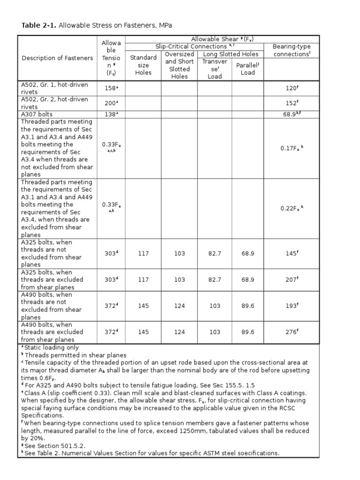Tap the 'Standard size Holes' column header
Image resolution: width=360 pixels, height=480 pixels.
(x=143, y=65)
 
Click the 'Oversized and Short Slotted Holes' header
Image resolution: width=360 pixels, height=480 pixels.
(x=179, y=65)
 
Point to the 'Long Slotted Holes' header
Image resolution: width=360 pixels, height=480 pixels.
(x=231, y=54)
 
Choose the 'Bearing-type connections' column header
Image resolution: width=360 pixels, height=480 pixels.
(x=292, y=51)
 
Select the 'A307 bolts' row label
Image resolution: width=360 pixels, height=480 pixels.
(x=37, y=114)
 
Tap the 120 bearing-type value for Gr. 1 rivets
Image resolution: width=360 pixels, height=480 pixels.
(x=292, y=88)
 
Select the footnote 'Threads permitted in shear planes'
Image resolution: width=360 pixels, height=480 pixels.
(x=75, y=355)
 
